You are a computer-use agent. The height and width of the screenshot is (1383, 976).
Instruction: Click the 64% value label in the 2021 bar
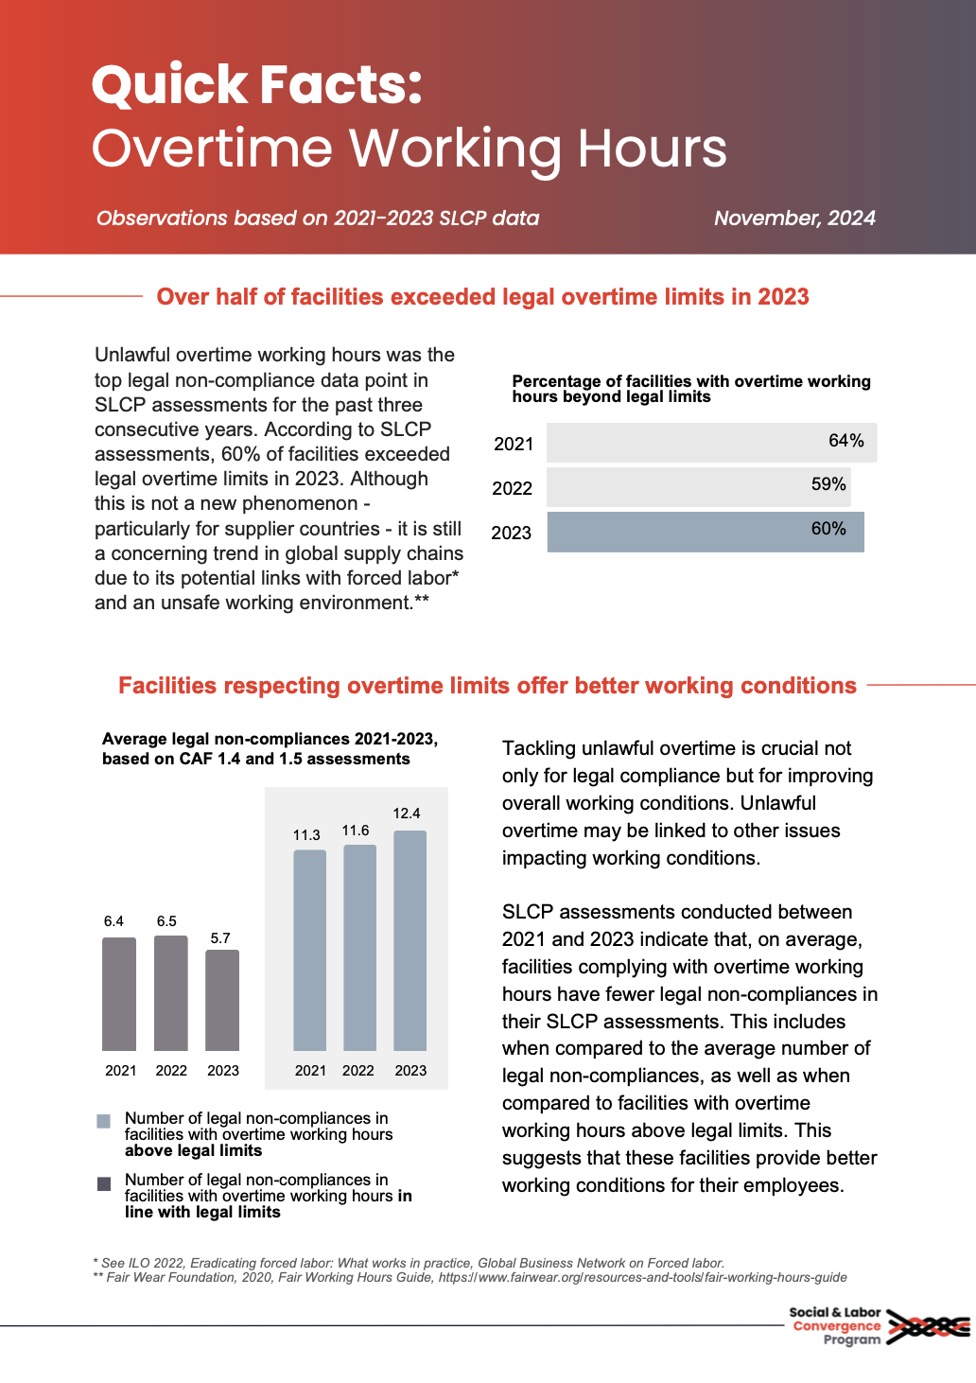click(845, 441)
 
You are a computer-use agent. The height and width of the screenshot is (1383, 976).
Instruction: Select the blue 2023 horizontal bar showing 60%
click(705, 532)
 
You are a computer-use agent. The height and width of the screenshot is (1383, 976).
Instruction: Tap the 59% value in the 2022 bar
click(828, 484)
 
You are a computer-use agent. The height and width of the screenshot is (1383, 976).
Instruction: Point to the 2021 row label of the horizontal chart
click(514, 444)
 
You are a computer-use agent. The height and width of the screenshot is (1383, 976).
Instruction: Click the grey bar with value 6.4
click(119, 993)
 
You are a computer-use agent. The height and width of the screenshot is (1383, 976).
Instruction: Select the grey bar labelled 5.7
click(222, 1000)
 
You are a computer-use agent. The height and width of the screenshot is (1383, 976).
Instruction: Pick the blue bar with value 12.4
click(410, 940)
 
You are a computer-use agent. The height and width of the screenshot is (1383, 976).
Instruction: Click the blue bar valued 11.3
click(309, 950)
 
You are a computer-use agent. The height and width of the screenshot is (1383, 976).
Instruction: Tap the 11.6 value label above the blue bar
click(356, 831)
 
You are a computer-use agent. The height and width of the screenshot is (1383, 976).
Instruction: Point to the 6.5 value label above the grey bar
click(166, 921)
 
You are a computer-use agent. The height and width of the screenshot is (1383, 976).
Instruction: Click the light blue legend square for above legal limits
click(104, 1121)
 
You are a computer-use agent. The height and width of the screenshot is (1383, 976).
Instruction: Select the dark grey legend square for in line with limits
click(104, 1183)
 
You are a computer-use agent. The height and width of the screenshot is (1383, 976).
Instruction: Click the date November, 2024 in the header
click(794, 218)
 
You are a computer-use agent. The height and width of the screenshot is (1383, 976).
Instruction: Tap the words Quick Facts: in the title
click(257, 84)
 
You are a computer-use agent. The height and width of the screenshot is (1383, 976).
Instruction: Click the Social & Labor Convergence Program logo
click(878, 1326)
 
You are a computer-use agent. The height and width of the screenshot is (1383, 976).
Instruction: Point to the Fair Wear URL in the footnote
click(642, 1277)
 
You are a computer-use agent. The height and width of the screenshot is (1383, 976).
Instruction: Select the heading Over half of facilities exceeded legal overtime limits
click(482, 297)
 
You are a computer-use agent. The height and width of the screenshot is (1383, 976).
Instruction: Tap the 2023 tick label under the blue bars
click(410, 1070)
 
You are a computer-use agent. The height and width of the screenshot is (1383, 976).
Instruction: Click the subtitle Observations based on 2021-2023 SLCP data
click(318, 218)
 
